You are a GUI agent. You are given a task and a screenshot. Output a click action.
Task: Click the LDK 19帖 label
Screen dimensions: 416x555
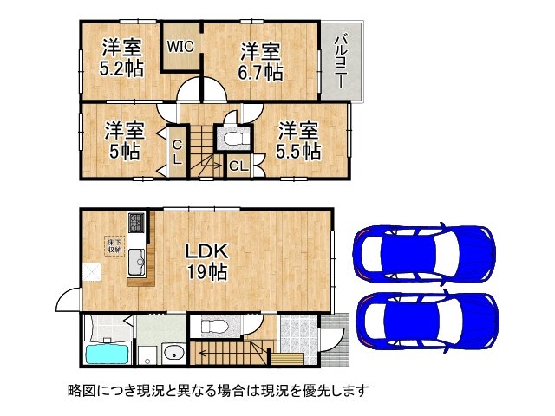click(x=206, y=261)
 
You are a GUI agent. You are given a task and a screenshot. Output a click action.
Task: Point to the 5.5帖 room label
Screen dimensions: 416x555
click(x=298, y=140)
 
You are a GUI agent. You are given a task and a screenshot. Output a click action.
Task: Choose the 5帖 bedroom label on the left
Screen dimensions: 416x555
click(x=124, y=140)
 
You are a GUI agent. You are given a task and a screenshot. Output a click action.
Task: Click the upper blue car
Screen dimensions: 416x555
click(x=424, y=252)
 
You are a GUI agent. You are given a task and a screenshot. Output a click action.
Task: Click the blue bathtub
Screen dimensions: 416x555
click(x=107, y=354)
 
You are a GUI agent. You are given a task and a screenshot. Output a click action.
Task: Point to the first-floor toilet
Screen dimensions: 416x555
click(x=212, y=327)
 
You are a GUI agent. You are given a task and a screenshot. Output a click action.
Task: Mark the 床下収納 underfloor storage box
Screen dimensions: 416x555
click(x=114, y=245)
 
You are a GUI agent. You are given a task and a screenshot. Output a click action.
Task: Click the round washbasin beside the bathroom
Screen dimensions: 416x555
click(x=173, y=353)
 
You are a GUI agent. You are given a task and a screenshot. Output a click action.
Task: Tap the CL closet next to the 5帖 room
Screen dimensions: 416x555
click(x=176, y=153)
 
